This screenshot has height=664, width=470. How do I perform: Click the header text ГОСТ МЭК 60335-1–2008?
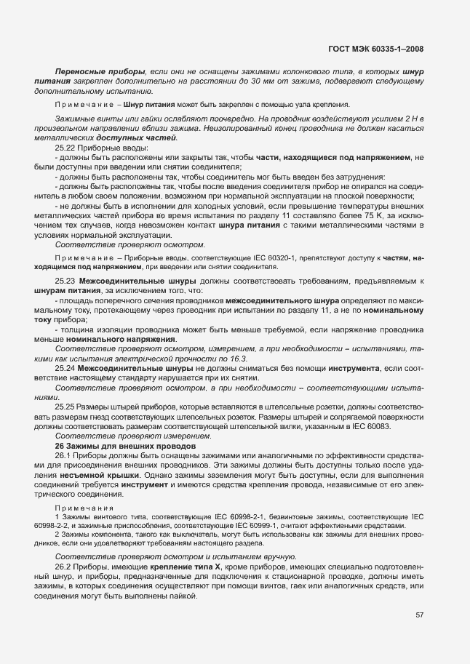click(x=375, y=49)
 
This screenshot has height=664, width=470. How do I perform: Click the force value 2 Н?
click(x=412, y=118)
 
